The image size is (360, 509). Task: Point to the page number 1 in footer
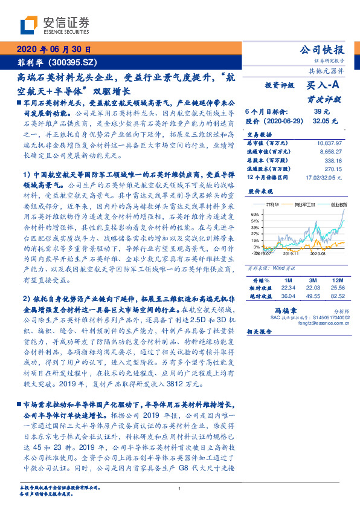click(x=180, y=489)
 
